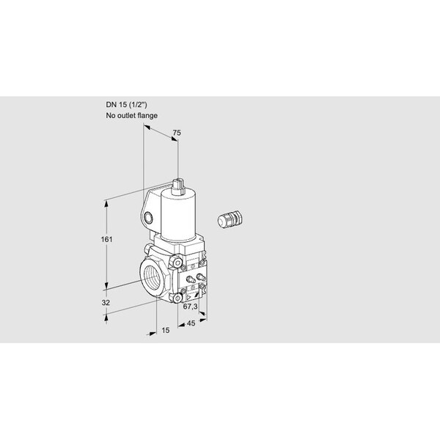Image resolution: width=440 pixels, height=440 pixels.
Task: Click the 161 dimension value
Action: coord(106,239)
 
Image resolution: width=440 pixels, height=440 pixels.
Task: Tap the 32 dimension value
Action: coord(106,303)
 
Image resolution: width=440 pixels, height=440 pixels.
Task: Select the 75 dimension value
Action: coord(177,133)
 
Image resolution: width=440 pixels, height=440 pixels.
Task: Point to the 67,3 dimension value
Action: coord(190,307)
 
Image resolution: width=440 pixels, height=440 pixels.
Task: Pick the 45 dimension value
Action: coord(191,323)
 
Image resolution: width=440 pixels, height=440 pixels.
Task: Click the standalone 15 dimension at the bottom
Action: coord(166,330)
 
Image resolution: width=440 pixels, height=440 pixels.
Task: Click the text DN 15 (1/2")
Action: coord(126,105)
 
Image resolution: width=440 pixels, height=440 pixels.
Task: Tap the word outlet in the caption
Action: coord(126,116)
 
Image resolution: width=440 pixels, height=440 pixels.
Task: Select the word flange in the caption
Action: coord(147,116)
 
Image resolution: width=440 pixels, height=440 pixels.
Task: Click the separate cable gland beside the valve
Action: coord(230,218)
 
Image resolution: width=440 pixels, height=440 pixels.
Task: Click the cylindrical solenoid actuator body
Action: coord(178,215)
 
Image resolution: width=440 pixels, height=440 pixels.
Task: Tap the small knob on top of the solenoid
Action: coord(178,186)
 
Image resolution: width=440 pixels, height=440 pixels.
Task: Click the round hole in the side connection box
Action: coord(148,217)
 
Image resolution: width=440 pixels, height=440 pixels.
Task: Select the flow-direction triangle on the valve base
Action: coord(188,298)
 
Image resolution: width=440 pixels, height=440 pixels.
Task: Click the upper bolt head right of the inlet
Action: coord(177,263)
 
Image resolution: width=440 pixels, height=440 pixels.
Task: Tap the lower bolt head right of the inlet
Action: coord(177,298)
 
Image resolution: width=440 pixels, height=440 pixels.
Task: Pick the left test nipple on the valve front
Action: coord(191,279)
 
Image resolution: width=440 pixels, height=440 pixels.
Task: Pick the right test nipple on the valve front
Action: coord(201,277)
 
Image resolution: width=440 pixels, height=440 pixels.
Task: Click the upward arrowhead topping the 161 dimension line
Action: coord(106,204)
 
